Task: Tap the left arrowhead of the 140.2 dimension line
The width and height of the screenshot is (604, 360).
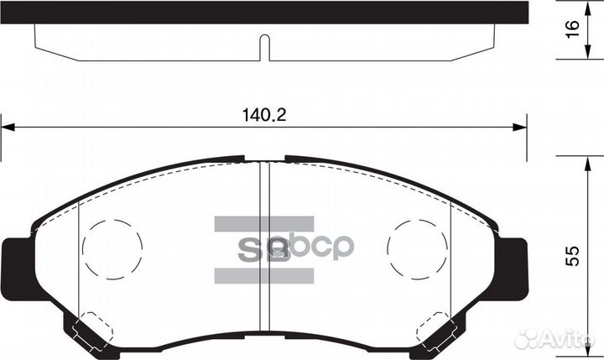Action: (x=7, y=127)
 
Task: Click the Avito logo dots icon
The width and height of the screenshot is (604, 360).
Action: (x=527, y=338)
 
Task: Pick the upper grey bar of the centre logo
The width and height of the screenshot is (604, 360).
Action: (x=264, y=223)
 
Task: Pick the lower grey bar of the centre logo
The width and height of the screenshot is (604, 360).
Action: (x=264, y=275)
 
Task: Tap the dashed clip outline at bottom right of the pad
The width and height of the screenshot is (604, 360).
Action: (x=439, y=330)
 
